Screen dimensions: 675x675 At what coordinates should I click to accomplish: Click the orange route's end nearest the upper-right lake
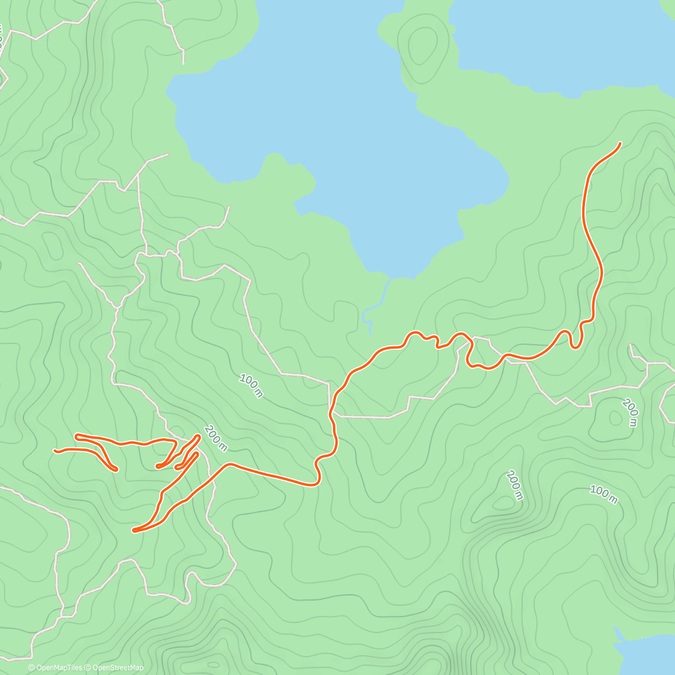click(x=620, y=143)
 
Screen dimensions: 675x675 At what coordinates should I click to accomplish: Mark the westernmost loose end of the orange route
click(x=55, y=451)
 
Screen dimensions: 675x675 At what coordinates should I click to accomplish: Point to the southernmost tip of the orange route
click(x=134, y=530)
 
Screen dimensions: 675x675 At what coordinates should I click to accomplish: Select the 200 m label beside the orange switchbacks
click(x=216, y=439)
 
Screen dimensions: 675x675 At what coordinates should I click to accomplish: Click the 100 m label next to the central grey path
click(x=251, y=386)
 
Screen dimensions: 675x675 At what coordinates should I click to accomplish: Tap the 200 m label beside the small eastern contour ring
click(x=629, y=413)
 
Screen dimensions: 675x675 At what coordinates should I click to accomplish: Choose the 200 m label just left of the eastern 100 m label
click(x=514, y=485)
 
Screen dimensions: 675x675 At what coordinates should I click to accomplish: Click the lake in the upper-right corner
click(x=562, y=39)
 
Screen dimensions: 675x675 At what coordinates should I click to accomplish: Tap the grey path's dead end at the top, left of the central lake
click(x=183, y=63)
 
